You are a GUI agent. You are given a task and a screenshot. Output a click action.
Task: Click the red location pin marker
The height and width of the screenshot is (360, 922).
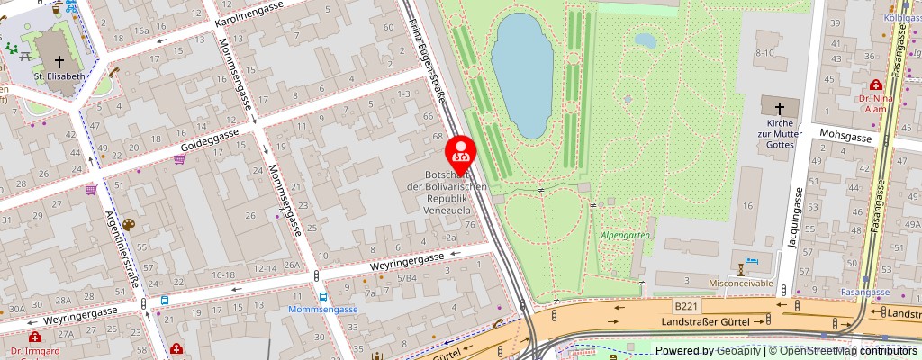point(462,154)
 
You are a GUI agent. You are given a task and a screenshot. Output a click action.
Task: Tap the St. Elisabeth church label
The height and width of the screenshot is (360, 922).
point(59,76)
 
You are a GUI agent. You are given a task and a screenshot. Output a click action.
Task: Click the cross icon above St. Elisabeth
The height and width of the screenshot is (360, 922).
point(59,60)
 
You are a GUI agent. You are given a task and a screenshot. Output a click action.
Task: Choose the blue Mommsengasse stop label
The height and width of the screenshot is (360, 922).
point(323,310)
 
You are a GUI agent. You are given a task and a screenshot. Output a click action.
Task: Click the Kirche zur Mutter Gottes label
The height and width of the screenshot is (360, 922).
point(779,132)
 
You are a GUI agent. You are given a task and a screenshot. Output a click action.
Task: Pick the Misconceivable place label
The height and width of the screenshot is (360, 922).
point(741,283)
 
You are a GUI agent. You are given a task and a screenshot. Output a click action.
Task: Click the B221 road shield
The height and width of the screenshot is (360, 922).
point(685,306)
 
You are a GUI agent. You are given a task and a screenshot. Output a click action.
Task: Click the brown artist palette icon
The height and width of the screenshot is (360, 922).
point(128,224)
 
